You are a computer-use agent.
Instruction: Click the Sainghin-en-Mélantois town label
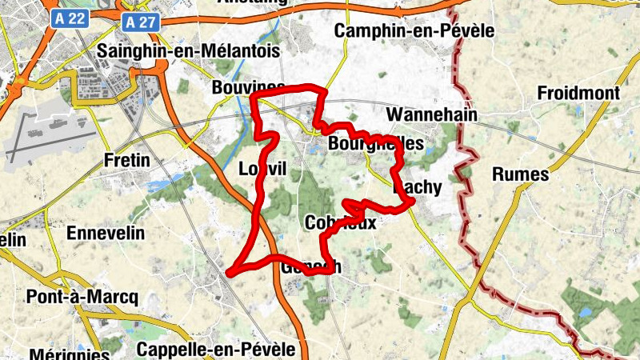(188, 51)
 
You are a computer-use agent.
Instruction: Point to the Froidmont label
(578, 94)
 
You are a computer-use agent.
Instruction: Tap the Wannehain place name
(432, 115)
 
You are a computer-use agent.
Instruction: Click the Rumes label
(521, 174)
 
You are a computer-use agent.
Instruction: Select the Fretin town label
(127, 161)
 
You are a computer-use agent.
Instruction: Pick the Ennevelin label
(105, 233)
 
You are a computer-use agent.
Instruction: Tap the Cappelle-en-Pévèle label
(216, 350)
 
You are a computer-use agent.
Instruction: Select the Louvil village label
(262, 169)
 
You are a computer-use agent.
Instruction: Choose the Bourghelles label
(375, 144)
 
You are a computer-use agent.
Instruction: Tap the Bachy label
(418, 187)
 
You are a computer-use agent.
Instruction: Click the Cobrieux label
(341, 223)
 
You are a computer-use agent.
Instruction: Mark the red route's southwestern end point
(230, 273)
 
